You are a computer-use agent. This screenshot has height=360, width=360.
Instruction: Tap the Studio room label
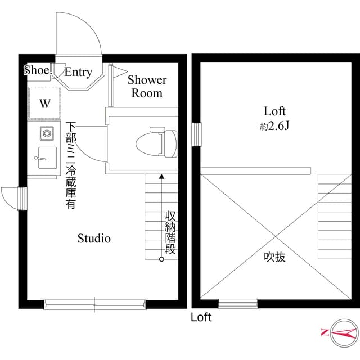point(94,238)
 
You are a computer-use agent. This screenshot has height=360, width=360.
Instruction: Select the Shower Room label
point(147,86)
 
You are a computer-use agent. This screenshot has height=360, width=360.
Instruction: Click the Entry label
point(78,72)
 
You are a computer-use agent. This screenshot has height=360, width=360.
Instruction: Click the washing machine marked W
point(44,103)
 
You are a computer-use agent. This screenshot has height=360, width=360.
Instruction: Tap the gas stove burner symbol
point(46,133)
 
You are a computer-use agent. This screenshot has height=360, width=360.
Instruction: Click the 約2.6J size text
point(274,126)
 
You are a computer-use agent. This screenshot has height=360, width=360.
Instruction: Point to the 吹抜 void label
point(275,257)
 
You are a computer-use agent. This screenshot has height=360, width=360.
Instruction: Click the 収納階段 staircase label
point(170,232)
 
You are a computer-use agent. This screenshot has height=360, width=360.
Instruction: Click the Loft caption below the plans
point(201,317)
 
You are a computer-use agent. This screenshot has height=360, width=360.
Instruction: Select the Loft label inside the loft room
point(275,110)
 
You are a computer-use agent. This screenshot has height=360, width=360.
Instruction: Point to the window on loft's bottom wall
point(237,304)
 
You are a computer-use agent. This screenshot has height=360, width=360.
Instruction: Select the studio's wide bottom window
point(94,304)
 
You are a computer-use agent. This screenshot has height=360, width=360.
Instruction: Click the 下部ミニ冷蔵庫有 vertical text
point(71,165)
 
